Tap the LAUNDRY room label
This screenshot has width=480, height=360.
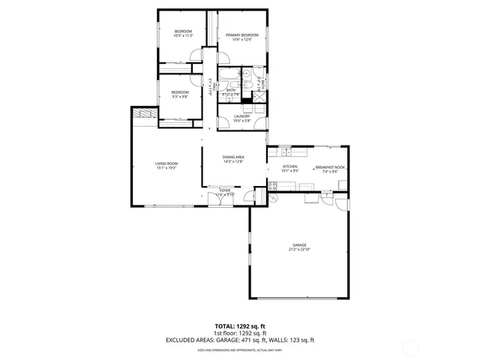(241, 116)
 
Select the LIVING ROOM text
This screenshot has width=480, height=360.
(166, 163)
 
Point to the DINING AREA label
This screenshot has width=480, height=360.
(233, 157)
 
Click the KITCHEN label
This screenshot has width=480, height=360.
(290, 166)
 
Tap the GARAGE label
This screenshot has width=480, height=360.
(300, 245)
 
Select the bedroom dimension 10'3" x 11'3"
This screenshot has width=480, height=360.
(184, 35)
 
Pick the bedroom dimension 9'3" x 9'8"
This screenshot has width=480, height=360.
(180, 97)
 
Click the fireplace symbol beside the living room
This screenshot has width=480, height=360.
(145, 112)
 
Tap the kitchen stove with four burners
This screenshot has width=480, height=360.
(272, 198)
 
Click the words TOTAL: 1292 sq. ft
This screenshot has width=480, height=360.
(240, 327)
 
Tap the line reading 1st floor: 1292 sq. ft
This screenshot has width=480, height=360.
(240, 334)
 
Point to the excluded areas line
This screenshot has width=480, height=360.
(240, 340)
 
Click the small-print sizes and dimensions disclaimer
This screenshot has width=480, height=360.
(240, 349)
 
